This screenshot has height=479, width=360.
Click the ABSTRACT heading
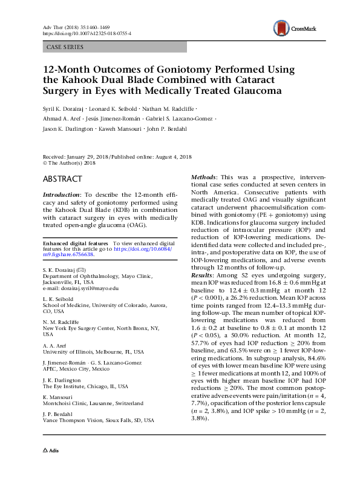click(x=62, y=179)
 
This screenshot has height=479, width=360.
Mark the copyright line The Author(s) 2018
click(x=66, y=163)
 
